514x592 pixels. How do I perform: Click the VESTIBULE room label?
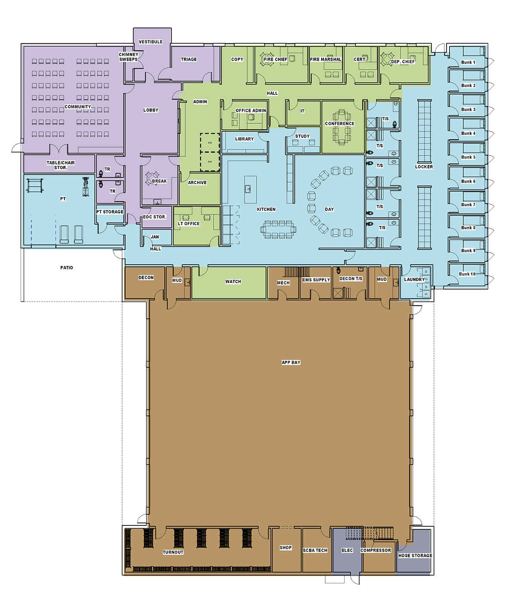pyautogui.click(x=150, y=42)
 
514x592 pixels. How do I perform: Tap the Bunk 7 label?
pyautogui.click(x=468, y=204)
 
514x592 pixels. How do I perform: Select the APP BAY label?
pyautogui.click(x=291, y=362)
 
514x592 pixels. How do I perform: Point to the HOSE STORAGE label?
pyautogui.click(x=415, y=555)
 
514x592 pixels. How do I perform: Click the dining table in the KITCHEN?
pyautogui.click(x=278, y=229)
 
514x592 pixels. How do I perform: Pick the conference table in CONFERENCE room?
pyautogui.click(x=341, y=127)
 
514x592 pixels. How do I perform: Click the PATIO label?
pyautogui.click(x=67, y=268)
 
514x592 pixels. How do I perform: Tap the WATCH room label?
pyautogui.click(x=233, y=281)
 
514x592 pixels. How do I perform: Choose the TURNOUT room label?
pyautogui.click(x=173, y=552)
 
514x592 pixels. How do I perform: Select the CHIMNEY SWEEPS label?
pyautogui.click(x=128, y=57)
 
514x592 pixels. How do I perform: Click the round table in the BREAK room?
pyautogui.click(x=152, y=178)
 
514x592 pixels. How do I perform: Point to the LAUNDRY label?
pyautogui.click(x=414, y=280)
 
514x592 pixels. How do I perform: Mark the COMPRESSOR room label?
pyautogui.click(x=376, y=550)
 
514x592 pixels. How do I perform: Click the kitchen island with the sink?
pyautogui.click(x=251, y=189)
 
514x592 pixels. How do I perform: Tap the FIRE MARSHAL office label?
pyautogui.click(x=326, y=59)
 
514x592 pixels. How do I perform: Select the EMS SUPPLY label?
pyautogui.click(x=316, y=280)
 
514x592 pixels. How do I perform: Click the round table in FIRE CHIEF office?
pyautogui.click(x=266, y=59)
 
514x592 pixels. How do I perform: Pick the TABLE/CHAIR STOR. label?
pyautogui.click(x=61, y=165)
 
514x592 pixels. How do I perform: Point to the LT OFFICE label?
pyautogui.click(x=189, y=224)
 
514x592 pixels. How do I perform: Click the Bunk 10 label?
pyautogui.click(x=467, y=274)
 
